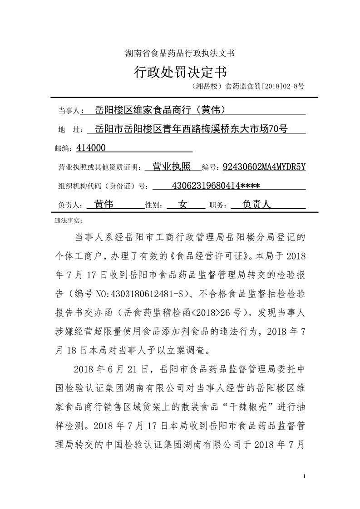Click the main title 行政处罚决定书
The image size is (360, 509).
180,72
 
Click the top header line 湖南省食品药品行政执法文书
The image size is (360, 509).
180,53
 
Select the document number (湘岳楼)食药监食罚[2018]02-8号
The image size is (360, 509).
248,85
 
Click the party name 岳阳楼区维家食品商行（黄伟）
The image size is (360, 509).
159,109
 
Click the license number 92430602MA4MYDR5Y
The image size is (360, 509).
264,167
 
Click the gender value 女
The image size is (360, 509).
183,204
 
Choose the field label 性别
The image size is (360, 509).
153,206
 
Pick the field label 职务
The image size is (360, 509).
217,206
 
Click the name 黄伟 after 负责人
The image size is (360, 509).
104,204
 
